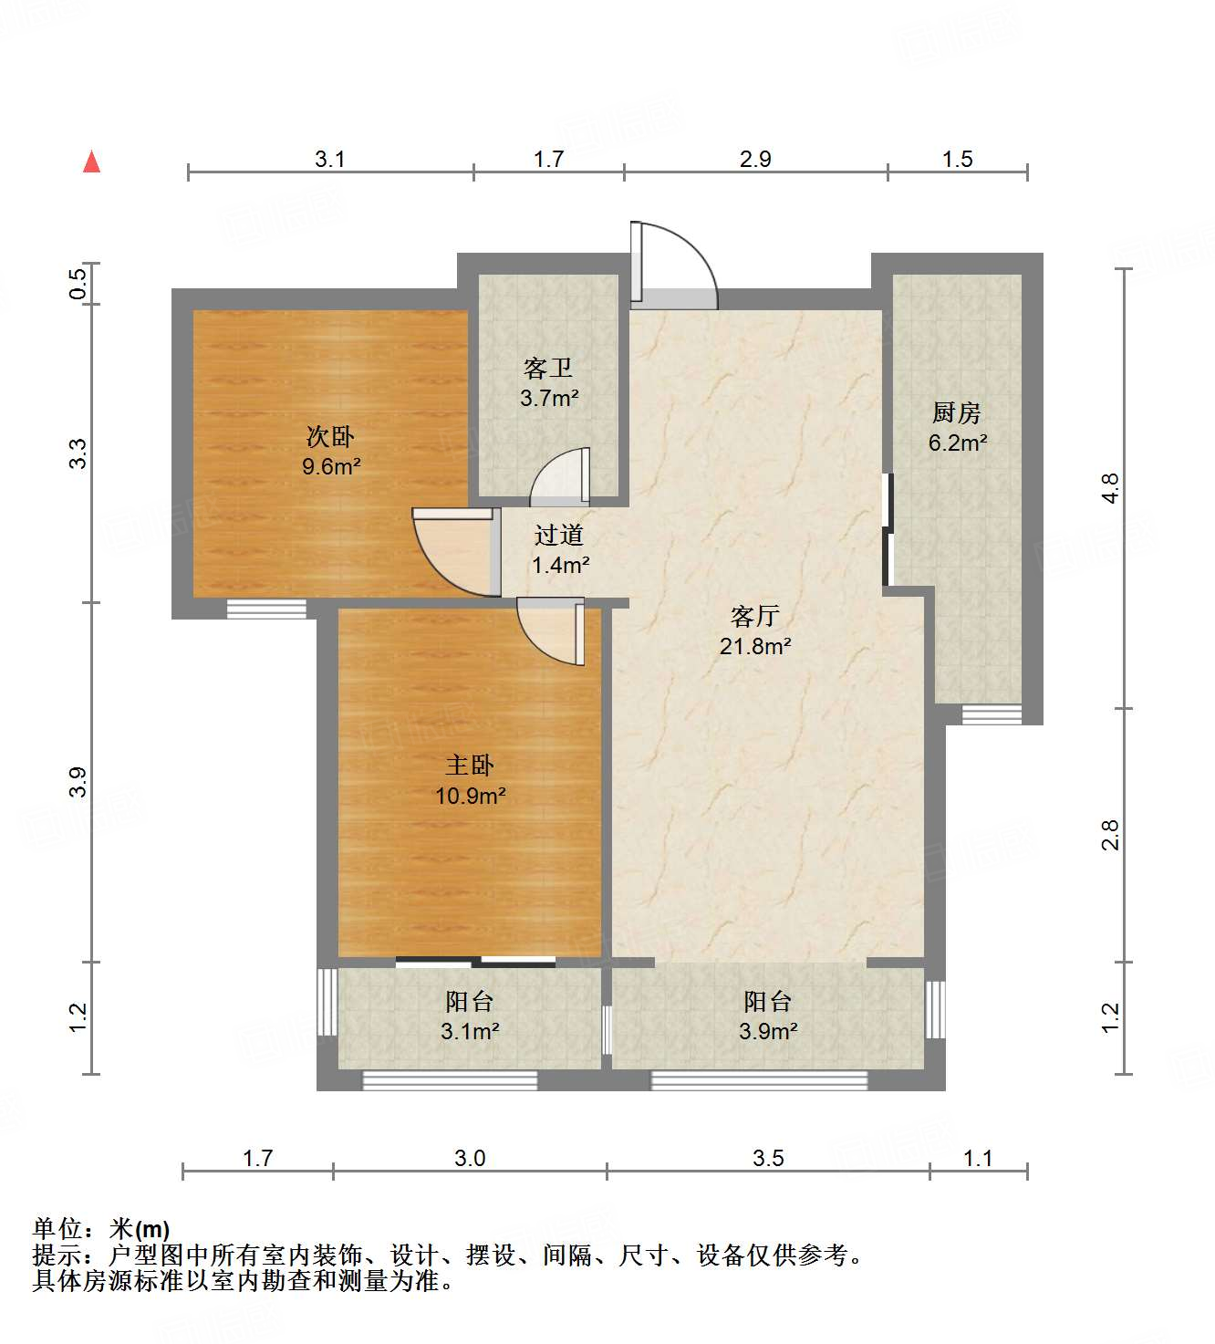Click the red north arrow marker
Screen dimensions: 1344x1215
tap(91, 161)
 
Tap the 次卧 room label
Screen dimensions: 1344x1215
tap(330, 437)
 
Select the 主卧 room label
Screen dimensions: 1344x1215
tap(470, 766)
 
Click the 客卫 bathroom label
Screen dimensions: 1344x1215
tap(548, 369)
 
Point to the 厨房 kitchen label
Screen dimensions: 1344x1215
tap(957, 413)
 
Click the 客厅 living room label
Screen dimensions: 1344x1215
tap(755, 617)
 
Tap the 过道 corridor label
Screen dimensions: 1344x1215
tap(559, 536)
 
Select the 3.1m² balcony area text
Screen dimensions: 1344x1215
tap(470, 1032)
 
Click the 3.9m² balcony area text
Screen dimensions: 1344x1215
tap(768, 1032)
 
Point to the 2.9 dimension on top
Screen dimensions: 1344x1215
tap(755, 160)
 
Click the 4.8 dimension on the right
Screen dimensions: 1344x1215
tap(1109, 488)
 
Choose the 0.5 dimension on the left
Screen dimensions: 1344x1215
tap(78, 283)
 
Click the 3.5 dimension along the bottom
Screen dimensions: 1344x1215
tap(768, 1158)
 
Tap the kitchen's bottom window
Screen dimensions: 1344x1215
tap(992, 715)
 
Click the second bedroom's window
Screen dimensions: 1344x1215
tap(266, 609)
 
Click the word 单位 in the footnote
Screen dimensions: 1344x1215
tap(57, 1230)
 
